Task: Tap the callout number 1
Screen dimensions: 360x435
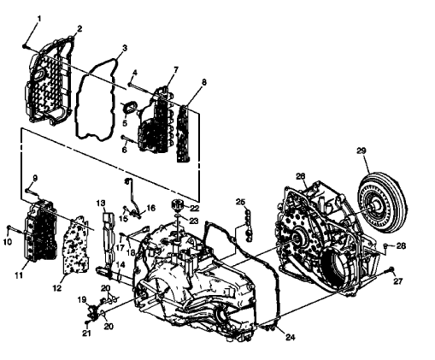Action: [x=38, y=18]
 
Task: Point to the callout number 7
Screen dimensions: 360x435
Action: [x=175, y=68]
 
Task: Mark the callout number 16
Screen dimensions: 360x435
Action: [x=152, y=208]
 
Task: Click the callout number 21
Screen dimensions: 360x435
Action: [x=86, y=333]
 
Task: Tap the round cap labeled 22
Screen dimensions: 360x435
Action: [x=178, y=205]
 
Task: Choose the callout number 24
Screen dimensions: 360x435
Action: [x=290, y=338]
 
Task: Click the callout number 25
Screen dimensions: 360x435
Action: [x=241, y=202]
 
